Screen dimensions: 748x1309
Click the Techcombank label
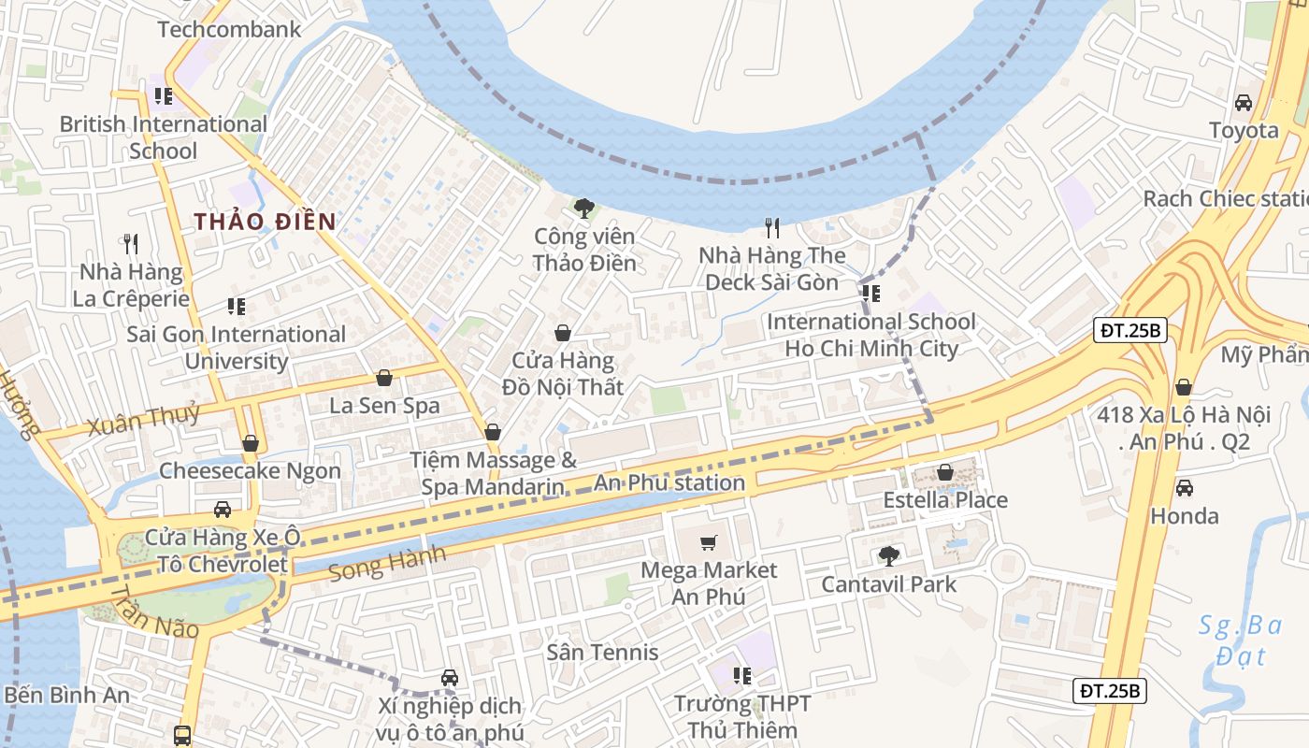pos(229,29)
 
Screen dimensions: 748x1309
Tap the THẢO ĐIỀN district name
pos(265,222)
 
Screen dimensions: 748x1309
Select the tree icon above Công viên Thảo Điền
pos(584,208)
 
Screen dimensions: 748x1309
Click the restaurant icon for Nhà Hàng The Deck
pos(772,227)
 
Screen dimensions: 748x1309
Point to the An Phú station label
pos(669,483)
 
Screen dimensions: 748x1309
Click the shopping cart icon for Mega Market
pos(709,542)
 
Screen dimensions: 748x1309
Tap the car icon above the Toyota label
pos(1244,102)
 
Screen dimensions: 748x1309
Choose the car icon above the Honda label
pos(1185,488)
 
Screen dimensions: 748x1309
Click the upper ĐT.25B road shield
pos(1130,330)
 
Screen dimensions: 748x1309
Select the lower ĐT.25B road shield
pos(1109,691)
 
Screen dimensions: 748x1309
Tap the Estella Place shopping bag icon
pos(945,472)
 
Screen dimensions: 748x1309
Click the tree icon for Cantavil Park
pos(888,556)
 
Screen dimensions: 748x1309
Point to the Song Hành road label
pos(387,563)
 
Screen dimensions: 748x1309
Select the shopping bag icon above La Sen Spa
pos(383,378)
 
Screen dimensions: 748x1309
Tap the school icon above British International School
pos(164,95)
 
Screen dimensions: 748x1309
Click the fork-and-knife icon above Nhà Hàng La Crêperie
pos(131,244)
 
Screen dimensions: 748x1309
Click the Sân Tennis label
pos(602,652)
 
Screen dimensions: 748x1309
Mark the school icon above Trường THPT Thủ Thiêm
pos(742,675)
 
